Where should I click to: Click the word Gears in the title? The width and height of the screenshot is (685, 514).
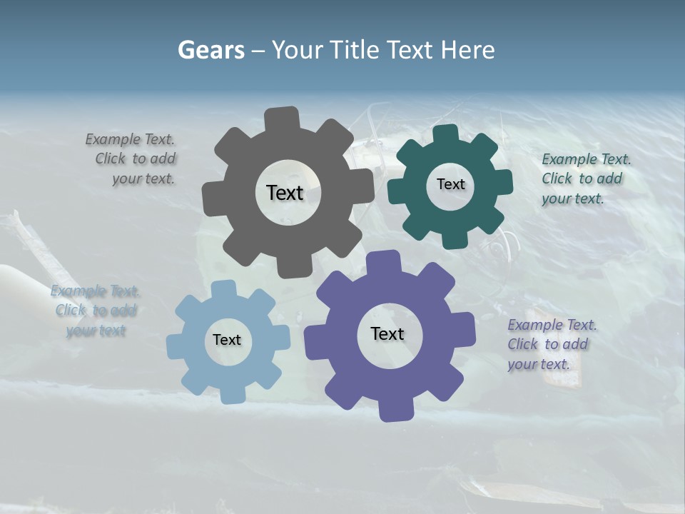point(211,50)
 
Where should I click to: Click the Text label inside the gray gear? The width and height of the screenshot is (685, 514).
point(285,193)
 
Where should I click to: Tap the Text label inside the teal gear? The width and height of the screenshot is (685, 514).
point(450,184)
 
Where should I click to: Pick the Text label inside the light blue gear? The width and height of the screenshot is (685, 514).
point(227,340)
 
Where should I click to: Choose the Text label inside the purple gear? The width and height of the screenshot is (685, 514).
point(387,333)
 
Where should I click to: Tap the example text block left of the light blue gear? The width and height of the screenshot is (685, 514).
point(95,311)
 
